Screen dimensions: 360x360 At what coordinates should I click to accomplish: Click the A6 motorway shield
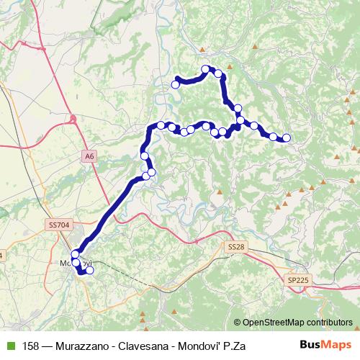[x=89, y=155]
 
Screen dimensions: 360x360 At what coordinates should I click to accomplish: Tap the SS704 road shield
[x=59, y=225]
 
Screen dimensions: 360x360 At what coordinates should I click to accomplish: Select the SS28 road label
[x=235, y=248]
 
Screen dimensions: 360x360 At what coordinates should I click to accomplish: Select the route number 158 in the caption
[x=32, y=346]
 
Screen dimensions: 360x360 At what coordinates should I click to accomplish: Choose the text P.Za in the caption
[x=235, y=346]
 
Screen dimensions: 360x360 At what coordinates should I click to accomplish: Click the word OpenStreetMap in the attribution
[x=271, y=322]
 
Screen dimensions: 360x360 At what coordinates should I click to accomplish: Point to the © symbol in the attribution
[x=238, y=322]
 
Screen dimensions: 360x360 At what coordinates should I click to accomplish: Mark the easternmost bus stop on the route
[x=287, y=138]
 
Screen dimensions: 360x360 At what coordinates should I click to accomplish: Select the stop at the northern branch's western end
[x=175, y=84]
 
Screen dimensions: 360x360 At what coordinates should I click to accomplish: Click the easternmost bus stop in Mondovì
[x=89, y=271]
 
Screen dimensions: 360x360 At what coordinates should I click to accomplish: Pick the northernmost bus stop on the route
[x=206, y=69]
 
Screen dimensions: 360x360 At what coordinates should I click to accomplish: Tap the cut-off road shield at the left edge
[x=1, y=256]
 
